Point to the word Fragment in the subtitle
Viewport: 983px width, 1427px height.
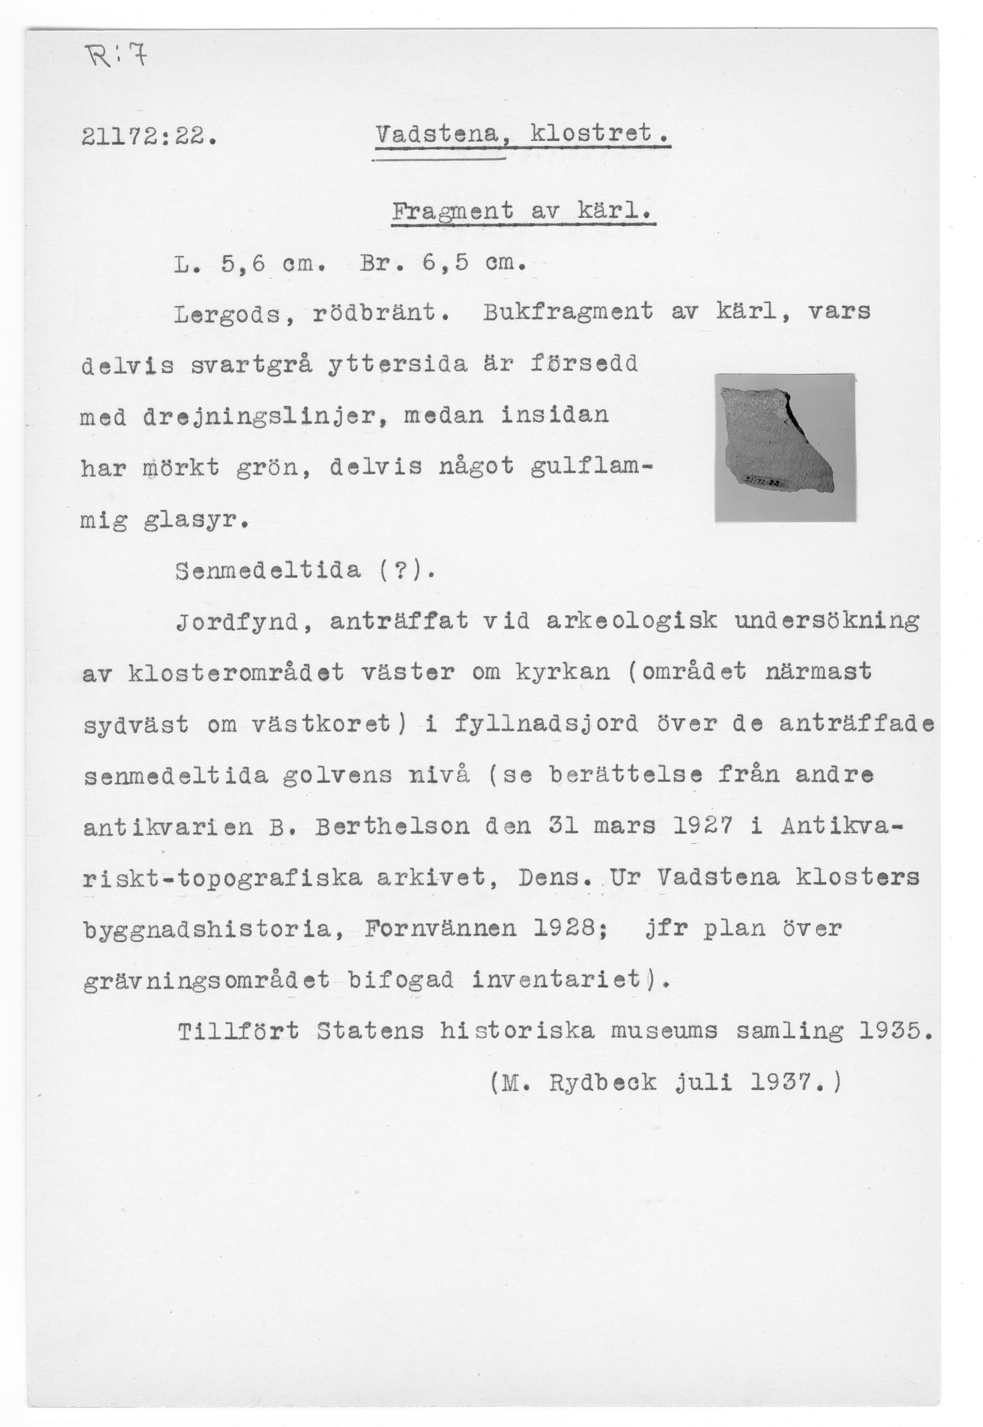[452, 212]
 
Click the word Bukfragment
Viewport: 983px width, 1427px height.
[568, 313]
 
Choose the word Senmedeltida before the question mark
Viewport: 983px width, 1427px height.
[268, 571]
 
